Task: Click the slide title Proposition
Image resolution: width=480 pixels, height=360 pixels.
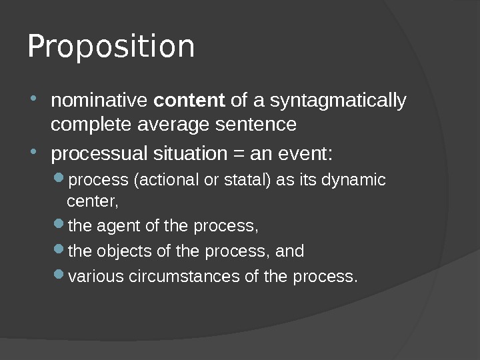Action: click(111, 47)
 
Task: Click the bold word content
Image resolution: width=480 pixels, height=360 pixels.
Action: click(189, 101)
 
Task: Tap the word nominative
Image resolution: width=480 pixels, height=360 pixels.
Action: click(100, 101)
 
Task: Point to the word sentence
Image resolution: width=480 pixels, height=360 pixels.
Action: click(263, 125)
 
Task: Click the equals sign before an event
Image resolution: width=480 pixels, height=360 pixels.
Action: click(237, 154)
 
